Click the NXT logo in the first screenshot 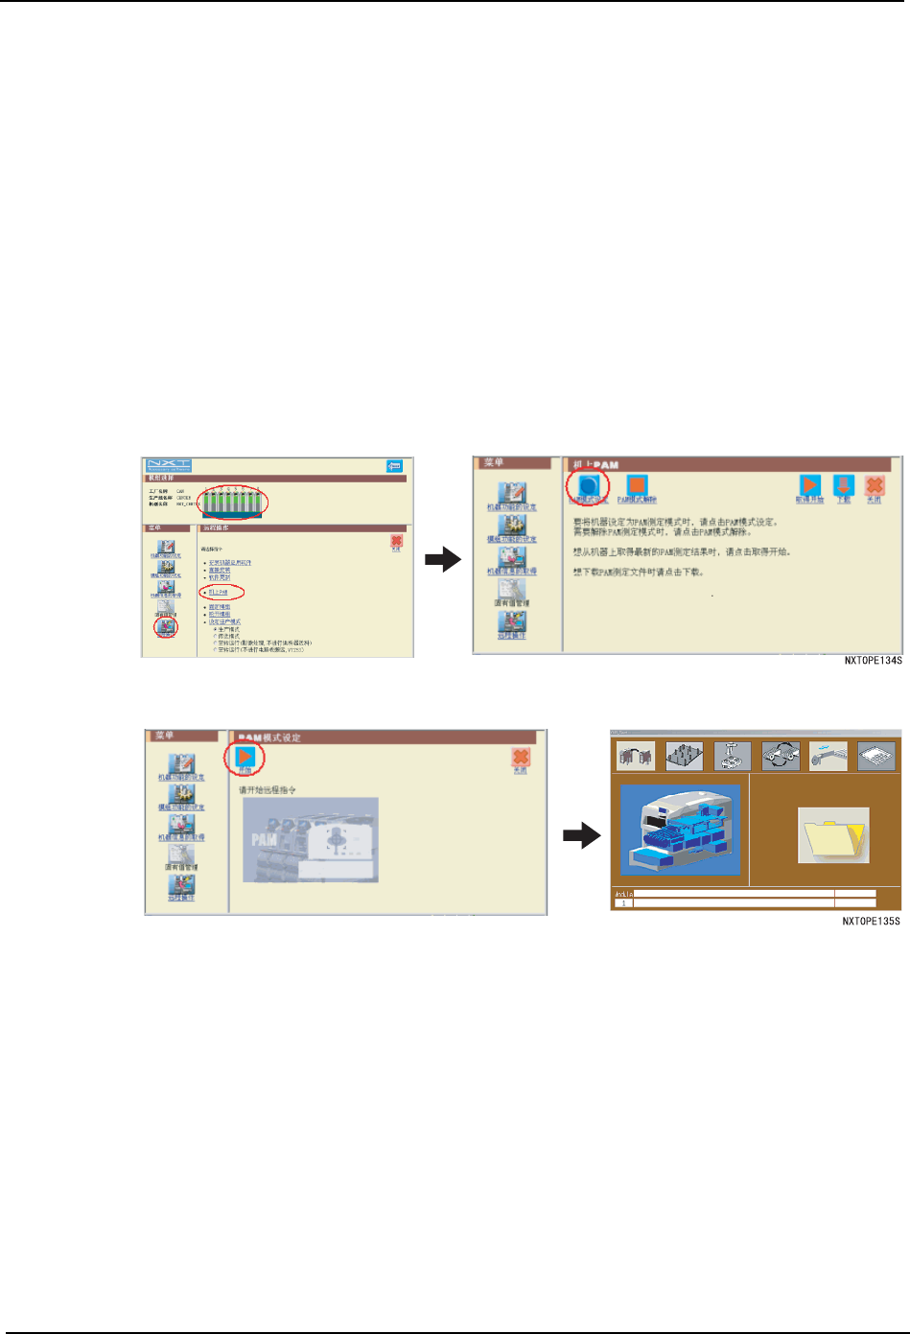pos(169,465)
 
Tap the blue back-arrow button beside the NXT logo pos(394,466)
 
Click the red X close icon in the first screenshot pos(396,543)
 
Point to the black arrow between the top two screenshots pos(443,560)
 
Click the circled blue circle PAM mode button pos(588,485)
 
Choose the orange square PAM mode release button pos(637,485)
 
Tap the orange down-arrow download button pos(843,485)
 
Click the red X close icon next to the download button pos(874,485)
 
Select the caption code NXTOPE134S pos(873,661)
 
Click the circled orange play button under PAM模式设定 pos(245,757)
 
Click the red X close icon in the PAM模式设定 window pos(521,758)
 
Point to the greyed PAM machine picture pos(311,840)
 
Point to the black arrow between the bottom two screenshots pos(581,836)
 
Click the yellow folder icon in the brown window pos(833,834)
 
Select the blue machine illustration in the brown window pos(680,830)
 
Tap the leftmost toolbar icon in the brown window pos(635,756)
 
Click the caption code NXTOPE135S pos(871,922)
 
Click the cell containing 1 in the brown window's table pos(623,903)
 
